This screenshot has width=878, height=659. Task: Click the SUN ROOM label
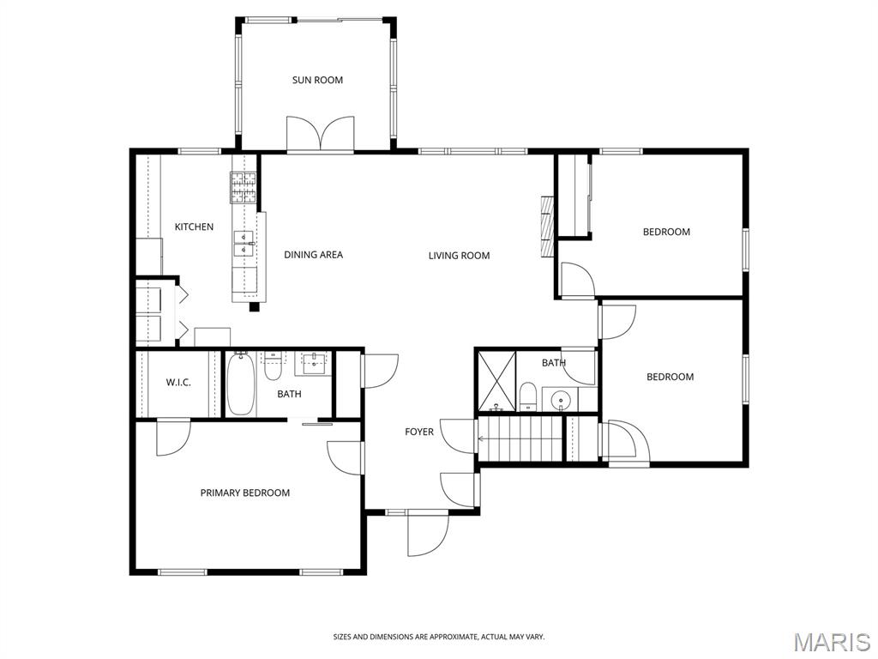pos(317,80)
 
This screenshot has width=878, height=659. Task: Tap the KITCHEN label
pos(194,227)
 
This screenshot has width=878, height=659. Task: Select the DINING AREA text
pos(313,255)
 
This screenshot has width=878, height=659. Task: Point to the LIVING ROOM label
pos(460,256)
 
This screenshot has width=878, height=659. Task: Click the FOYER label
pos(418,432)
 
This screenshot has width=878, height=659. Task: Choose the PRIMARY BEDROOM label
pos(245,493)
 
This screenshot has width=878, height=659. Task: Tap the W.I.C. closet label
pos(178,383)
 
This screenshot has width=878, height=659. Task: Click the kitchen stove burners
pos(243,188)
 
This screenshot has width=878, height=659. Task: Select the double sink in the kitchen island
pos(244,244)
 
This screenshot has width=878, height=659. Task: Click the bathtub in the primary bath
pos(241,384)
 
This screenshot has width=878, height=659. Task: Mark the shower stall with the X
pos(496,380)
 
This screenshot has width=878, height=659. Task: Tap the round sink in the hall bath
pos(561,400)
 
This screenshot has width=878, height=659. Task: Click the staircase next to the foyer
pos(520,439)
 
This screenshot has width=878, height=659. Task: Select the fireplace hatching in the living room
pos(546,226)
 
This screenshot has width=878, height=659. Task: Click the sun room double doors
pos(321,135)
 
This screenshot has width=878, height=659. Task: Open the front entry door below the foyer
pos(429,532)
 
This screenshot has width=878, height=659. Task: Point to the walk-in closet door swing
pos(173,438)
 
